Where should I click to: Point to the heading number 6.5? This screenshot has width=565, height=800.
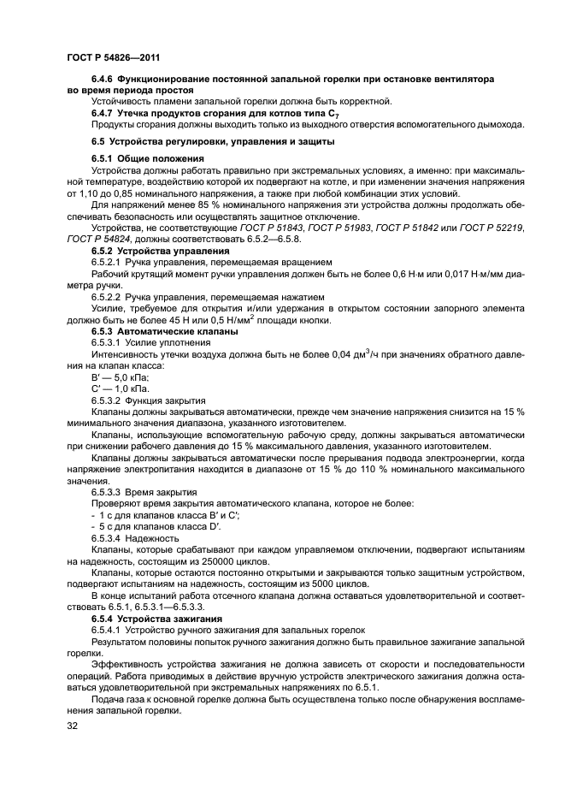[97, 141]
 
